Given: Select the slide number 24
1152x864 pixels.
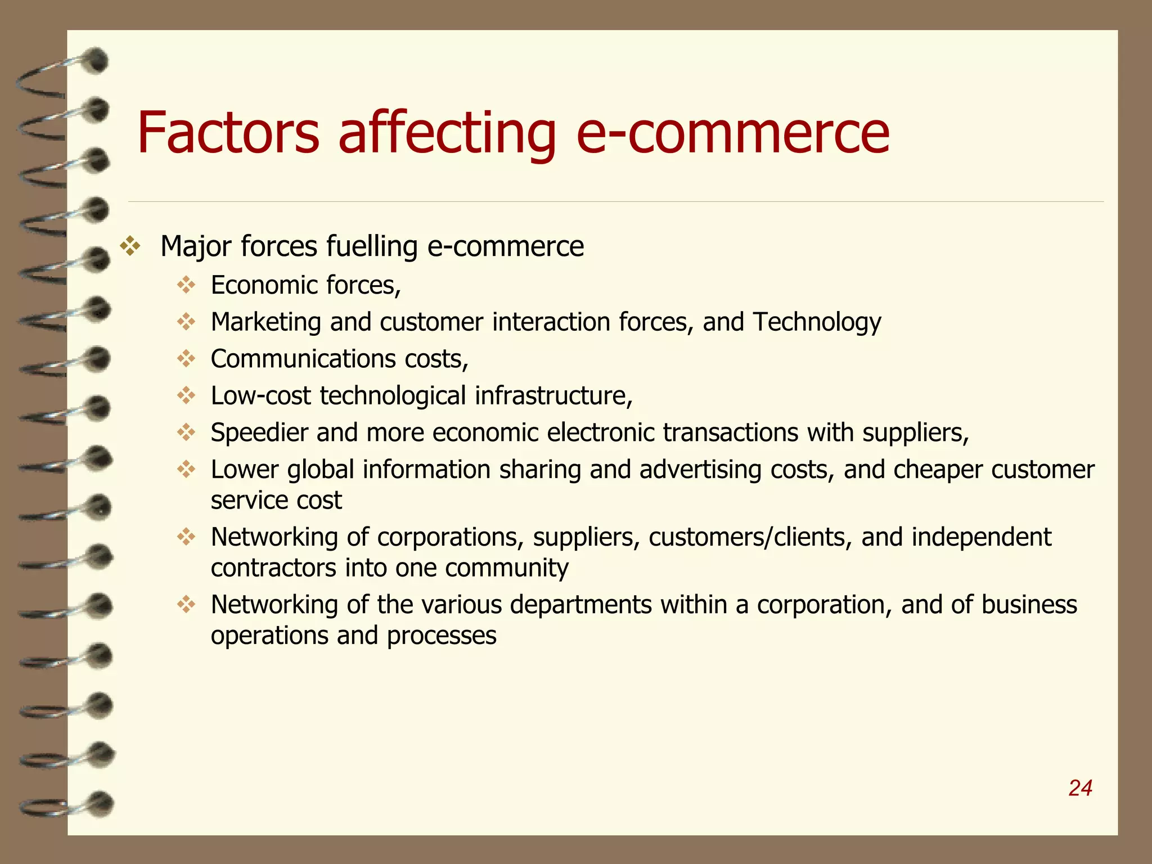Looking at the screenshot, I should (x=1080, y=788).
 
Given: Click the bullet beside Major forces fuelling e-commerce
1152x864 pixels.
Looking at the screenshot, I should (x=130, y=246).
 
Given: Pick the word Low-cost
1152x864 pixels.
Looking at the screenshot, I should (x=260, y=395).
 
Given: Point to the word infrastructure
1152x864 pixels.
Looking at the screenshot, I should (x=553, y=395).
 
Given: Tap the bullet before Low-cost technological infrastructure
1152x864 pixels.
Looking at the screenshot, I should (x=186, y=395).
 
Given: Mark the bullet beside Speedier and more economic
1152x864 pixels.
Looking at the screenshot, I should (x=186, y=433).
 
